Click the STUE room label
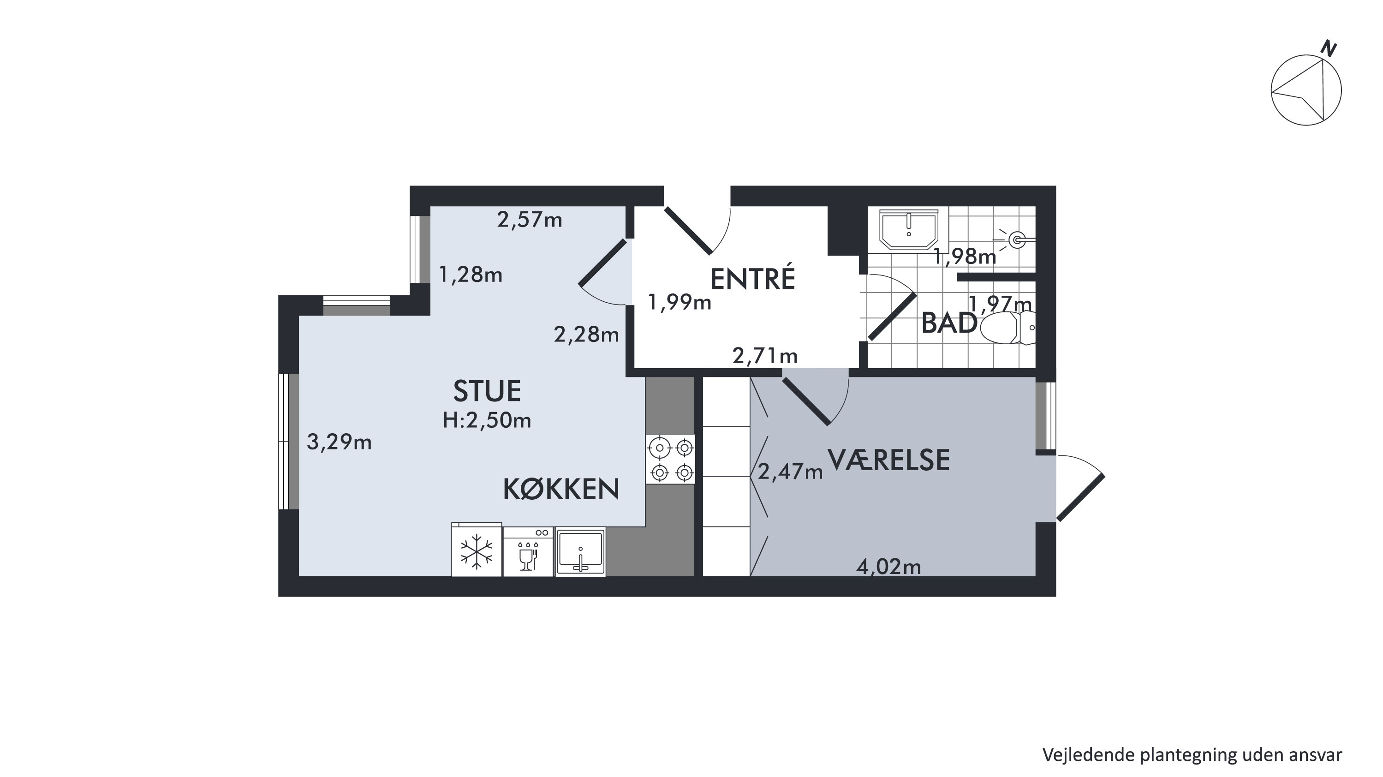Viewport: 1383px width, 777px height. pyautogui.click(x=487, y=391)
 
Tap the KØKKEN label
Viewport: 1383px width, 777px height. pyautogui.click(x=561, y=489)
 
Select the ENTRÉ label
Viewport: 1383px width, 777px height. pyautogui.click(x=752, y=279)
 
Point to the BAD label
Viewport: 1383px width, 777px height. pyautogui.click(x=948, y=323)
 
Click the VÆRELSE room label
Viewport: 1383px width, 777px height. pyautogui.click(x=888, y=460)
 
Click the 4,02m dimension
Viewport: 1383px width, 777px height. pyautogui.click(x=888, y=567)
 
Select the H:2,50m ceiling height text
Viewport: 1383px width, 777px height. pyautogui.click(x=487, y=420)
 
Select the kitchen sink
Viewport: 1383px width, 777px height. pyautogui.click(x=580, y=552)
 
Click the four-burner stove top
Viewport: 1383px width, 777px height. pyautogui.click(x=671, y=459)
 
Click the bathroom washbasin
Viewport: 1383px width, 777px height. pyautogui.click(x=908, y=230)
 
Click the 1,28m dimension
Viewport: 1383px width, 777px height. pyautogui.click(x=471, y=275)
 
